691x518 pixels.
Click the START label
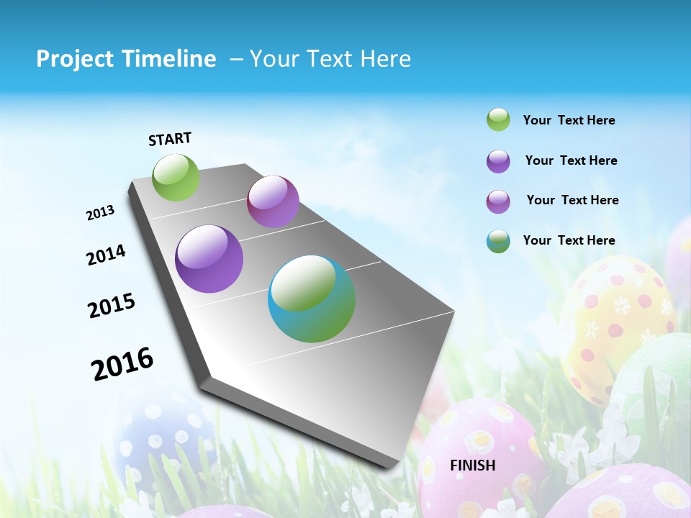click(170, 139)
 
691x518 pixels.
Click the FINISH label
click(473, 465)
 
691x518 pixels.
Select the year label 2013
click(100, 213)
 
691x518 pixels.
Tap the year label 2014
click(106, 255)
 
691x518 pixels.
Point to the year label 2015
click(112, 306)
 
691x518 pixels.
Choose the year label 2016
click(122, 363)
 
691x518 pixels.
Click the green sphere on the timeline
click(176, 178)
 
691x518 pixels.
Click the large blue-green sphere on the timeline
click(312, 299)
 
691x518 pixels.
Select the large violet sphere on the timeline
click(209, 259)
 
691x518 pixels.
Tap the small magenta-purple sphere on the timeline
click(273, 201)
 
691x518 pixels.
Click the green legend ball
click(498, 120)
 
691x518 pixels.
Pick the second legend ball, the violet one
click(498, 161)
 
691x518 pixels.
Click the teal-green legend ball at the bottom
click(498, 241)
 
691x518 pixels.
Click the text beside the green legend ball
click(569, 121)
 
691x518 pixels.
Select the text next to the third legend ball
click(572, 200)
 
